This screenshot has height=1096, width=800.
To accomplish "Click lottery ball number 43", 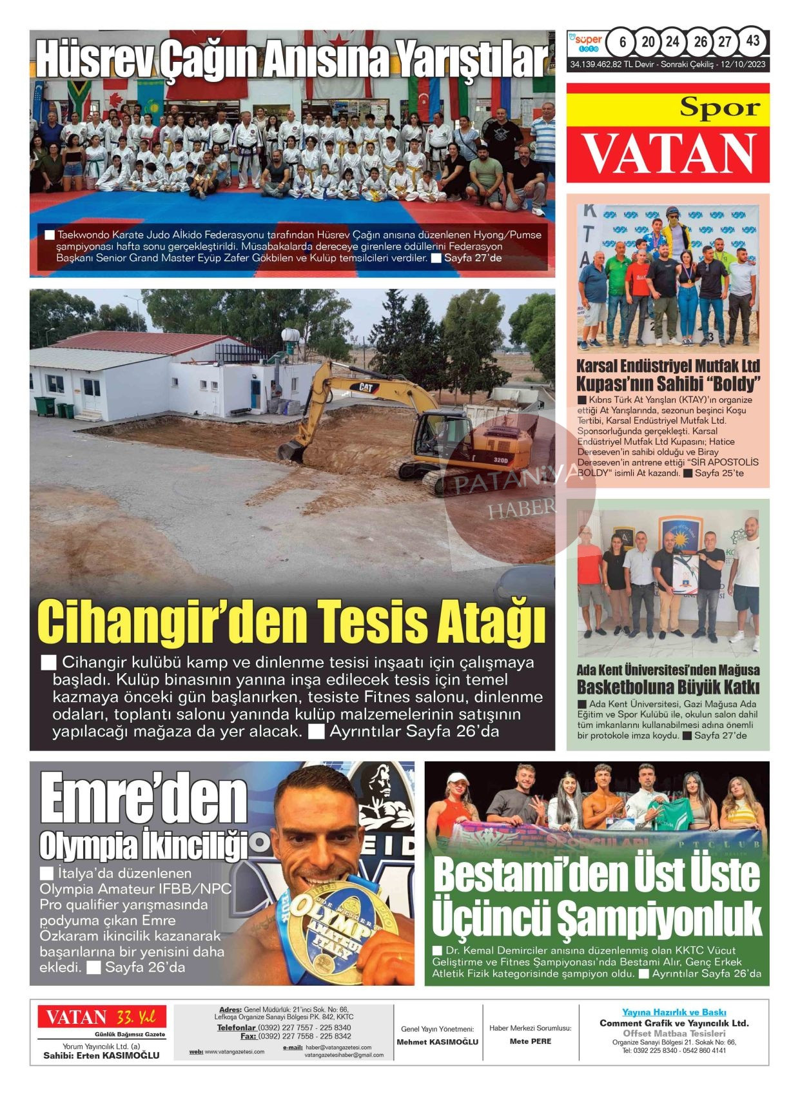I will [752, 41].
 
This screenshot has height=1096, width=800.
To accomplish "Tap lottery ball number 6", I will [622, 42].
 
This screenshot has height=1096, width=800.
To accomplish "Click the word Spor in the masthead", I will [719, 108].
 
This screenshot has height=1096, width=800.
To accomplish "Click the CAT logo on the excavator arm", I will [366, 387].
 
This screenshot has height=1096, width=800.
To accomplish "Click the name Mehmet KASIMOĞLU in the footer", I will [437, 1042].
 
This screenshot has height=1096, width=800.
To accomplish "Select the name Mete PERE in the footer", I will [530, 1041].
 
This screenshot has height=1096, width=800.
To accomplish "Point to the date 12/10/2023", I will [743, 65].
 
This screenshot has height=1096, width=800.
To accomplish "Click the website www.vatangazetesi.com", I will [235, 1052].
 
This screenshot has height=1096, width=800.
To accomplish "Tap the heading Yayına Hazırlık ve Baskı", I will [674, 1012].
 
